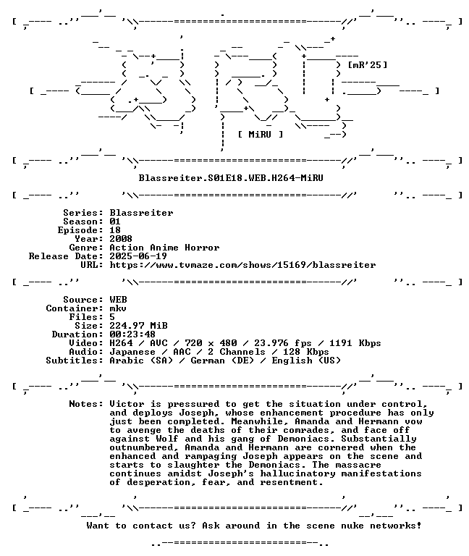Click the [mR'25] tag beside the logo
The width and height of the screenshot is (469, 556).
click(368, 65)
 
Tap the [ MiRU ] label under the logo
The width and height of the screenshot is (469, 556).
click(261, 135)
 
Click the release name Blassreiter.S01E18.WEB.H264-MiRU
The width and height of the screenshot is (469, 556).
click(231, 177)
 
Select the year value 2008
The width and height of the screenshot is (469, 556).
click(121, 239)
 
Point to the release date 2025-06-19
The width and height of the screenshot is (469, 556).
click(138, 256)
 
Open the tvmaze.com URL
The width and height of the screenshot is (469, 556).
click(242, 265)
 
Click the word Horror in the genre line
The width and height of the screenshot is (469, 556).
click(202, 248)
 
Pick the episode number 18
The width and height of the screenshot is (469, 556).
click(115, 230)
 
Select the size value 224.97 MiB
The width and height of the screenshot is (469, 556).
click(138, 326)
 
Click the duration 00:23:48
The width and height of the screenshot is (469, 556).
click(132, 334)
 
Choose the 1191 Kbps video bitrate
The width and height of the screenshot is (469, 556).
click(355, 343)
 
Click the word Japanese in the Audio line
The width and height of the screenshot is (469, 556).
click(132, 352)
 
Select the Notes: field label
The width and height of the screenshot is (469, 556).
click(86, 404)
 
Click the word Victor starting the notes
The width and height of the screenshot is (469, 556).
click(127, 404)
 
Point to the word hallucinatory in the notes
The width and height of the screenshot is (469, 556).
click(297, 473)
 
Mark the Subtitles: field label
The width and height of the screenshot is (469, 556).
click(75, 361)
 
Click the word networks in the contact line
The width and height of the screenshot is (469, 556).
click(395, 526)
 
